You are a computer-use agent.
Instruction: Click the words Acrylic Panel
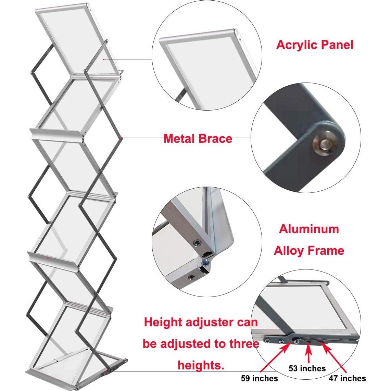[314, 45]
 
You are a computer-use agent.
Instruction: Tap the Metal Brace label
[198, 139]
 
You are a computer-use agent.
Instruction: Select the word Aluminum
[309, 229]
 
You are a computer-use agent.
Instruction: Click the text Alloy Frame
[309, 251]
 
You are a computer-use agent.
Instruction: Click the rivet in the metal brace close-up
[322, 144]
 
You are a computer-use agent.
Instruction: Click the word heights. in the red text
[201, 365]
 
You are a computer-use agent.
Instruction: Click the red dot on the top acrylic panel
[103, 59]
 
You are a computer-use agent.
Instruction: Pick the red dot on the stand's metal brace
[122, 138]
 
